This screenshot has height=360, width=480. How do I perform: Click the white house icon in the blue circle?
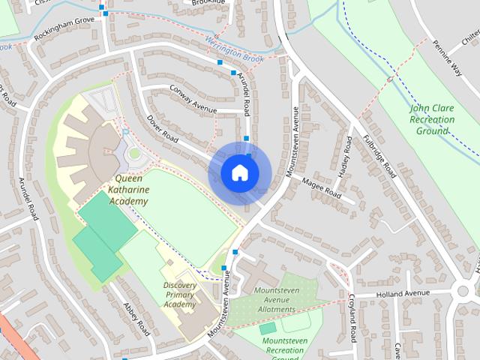coord(239,172)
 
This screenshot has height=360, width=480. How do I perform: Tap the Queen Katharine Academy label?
coord(129,190)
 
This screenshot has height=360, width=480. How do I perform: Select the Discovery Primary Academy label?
coord(180,294)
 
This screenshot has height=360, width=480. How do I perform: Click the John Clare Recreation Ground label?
coord(433,119)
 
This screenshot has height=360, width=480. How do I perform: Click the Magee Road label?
coord(321,189)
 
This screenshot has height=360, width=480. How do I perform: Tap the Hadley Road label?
coord(346,159)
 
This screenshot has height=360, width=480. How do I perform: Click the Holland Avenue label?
coord(404,293)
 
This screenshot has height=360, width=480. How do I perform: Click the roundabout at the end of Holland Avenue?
coord(463,290)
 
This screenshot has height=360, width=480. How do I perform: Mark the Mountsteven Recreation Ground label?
coord(285,346)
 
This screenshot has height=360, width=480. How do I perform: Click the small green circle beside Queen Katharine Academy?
coord(135,154)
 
